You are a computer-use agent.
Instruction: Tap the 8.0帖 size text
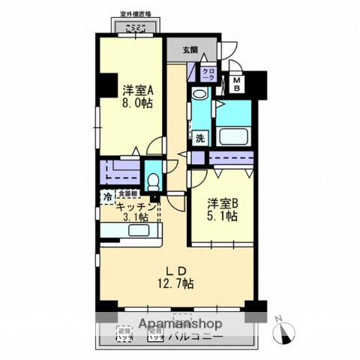coord(138,103)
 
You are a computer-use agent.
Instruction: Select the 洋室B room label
coord(223,202)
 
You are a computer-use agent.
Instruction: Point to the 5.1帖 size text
coord(223,216)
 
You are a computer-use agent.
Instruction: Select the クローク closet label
coord(208,73)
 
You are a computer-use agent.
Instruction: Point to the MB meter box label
coord(235,83)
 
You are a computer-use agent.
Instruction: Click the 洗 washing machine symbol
coord(200,138)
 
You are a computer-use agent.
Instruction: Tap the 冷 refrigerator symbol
coord(108,196)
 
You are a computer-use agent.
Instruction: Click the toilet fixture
coord(152,181)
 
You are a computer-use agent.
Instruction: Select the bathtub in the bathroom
coord(238,137)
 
